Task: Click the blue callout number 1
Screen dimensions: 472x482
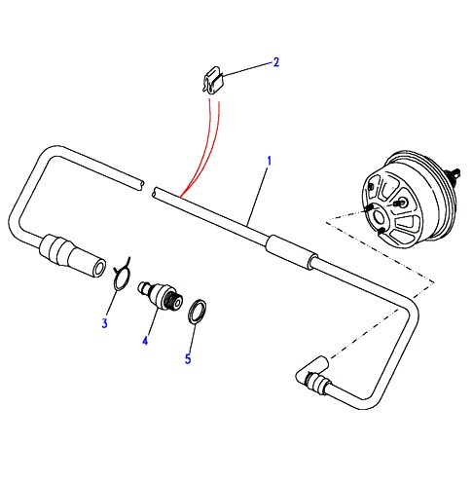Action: (x=269, y=161)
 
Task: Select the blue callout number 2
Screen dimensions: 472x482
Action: (x=276, y=62)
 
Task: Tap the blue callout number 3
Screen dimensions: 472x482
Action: (x=104, y=323)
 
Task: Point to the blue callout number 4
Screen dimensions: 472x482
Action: (x=145, y=341)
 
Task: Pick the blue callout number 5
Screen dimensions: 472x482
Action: (x=188, y=359)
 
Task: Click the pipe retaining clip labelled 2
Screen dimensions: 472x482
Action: (x=213, y=80)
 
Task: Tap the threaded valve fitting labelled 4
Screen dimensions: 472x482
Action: (x=160, y=295)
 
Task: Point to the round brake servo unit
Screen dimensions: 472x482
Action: (x=407, y=199)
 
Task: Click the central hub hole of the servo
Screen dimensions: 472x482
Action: (x=379, y=217)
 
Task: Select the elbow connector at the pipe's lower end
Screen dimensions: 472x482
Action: (x=312, y=373)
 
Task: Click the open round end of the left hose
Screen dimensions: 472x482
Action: (x=99, y=269)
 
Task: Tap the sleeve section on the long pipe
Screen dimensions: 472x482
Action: (x=291, y=251)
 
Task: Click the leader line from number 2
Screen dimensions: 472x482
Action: (x=248, y=69)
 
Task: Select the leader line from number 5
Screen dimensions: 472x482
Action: (x=192, y=338)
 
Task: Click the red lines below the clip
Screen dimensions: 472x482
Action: (x=207, y=148)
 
